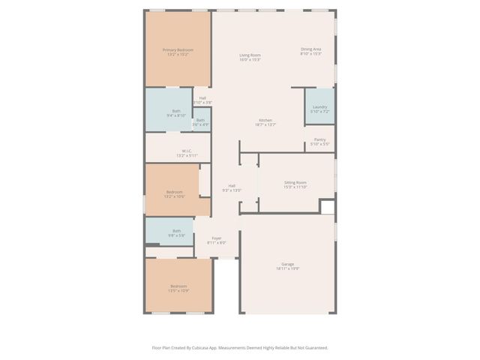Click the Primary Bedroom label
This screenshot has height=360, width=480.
coord(178,50)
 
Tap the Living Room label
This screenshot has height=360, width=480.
coord(250,55)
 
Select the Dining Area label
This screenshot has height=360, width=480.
coord(310,49)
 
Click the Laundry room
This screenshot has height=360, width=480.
coord(319,107)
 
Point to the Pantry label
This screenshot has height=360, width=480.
coord(319,139)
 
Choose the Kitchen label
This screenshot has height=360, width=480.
coord(265,121)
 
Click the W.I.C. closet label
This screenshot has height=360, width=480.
coord(187,151)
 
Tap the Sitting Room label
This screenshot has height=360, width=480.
coord(295,182)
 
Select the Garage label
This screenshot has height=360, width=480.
coord(287,264)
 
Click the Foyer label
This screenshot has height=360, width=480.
coord(216,238)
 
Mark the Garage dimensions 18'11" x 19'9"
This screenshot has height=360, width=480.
coord(287,268)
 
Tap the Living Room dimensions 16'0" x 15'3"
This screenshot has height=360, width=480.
coord(250,60)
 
